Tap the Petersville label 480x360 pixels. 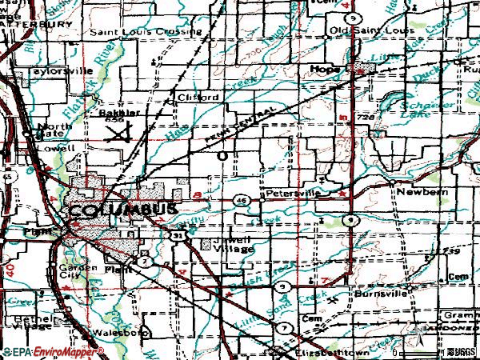pos(293,193)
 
